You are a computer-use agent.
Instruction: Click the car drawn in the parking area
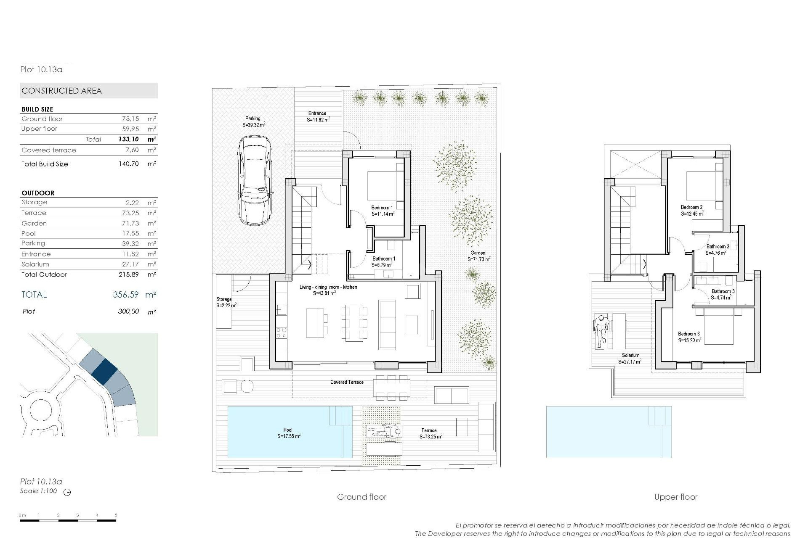(x=255, y=180)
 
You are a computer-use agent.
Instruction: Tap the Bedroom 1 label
(x=382, y=211)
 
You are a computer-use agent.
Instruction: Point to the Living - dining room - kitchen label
(x=328, y=290)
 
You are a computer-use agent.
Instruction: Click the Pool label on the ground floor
(x=288, y=433)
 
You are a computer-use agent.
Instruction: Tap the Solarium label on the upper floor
(x=630, y=358)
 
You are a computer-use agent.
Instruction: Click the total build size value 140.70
(x=128, y=164)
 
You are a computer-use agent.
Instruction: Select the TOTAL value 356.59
(x=125, y=295)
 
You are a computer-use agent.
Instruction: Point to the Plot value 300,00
(x=128, y=311)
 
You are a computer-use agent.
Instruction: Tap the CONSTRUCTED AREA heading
(x=62, y=91)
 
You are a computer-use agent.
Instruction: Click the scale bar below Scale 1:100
(x=68, y=520)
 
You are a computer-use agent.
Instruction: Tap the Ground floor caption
(x=361, y=497)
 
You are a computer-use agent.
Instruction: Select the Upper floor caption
(x=675, y=497)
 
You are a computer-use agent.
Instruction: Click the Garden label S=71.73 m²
(x=478, y=256)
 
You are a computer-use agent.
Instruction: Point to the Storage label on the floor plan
(x=225, y=302)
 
